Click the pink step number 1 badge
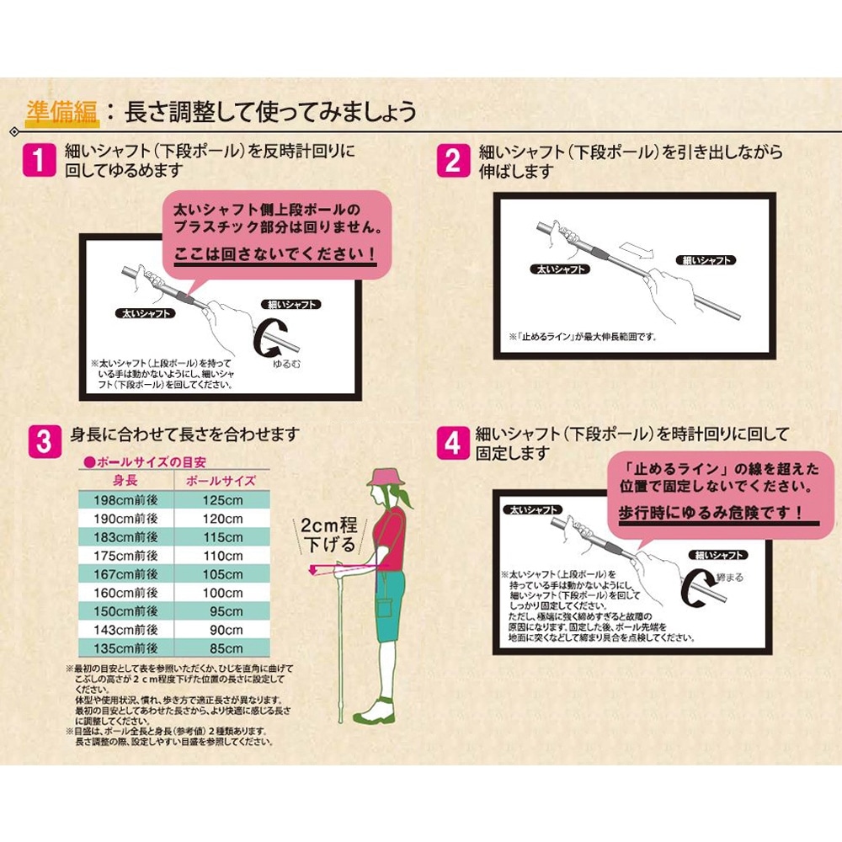point(40,159)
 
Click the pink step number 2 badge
point(453,159)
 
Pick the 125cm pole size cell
point(222,500)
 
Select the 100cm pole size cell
point(222,593)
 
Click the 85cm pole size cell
point(222,648)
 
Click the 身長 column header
point(126,482)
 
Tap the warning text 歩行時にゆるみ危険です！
point(709,512)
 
